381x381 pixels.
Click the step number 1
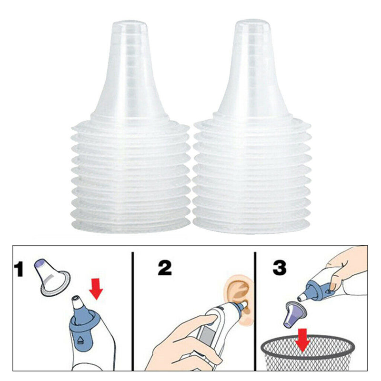20,270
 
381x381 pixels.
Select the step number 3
279,268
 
